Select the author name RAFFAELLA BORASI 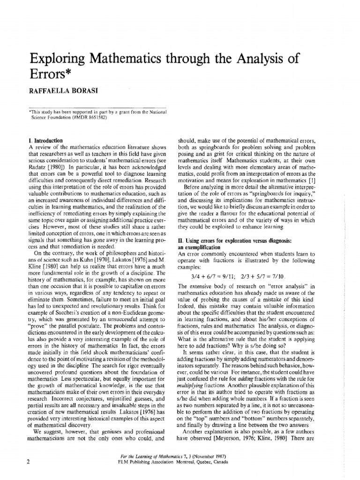pos(60,92)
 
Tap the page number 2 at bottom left pos(29,462)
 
